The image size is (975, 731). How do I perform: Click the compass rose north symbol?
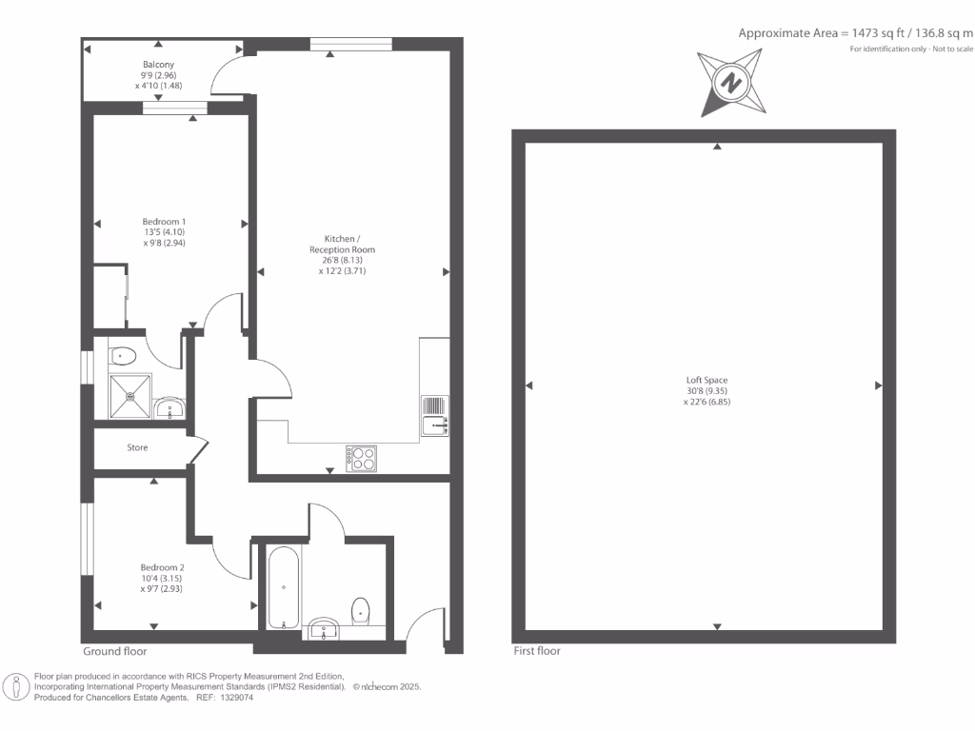tap(730, 83)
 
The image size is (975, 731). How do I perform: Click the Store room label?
tap(137, 447)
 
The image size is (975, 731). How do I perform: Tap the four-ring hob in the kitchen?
tap(361, 458)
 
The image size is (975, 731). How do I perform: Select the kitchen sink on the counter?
tap(434, 415)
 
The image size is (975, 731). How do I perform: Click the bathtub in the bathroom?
tap(284, 587)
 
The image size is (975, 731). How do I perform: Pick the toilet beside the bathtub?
tap(361, 609)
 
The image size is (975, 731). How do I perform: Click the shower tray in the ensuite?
tap(129, 396)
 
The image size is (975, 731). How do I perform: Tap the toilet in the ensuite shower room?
tap(124, 356)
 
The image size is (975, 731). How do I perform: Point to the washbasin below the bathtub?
tap(325, 628)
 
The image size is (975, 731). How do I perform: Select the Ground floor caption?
tap(114, 652)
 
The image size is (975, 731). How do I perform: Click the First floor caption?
tap(536, 651)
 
